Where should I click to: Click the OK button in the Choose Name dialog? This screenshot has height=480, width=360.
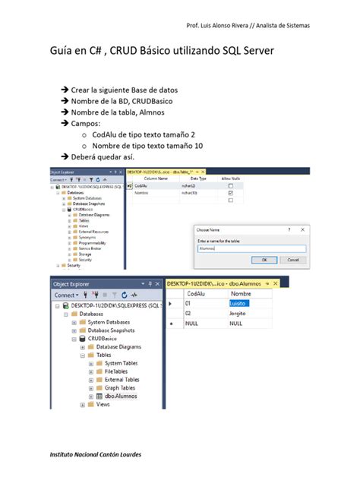pyautogui.click(x=264, y=259)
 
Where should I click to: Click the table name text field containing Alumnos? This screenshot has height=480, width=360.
pyautogui.click(x=251, y=248)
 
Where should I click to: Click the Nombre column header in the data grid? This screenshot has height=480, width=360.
pyautogui.click(x=241, y=293)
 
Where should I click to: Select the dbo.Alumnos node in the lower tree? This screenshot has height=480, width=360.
pyautogui.click(x=121, y=396)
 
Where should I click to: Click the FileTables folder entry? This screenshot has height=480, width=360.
pyautogui.click(x=118, y=371)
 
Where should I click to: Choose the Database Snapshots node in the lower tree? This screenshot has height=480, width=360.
pyautogui.click(x=110, y=330)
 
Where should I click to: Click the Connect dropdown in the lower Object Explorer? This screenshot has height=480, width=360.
pyautogui.click(x=67, y=295)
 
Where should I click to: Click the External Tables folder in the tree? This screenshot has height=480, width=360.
pyautogui.click(x=122, y=379)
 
